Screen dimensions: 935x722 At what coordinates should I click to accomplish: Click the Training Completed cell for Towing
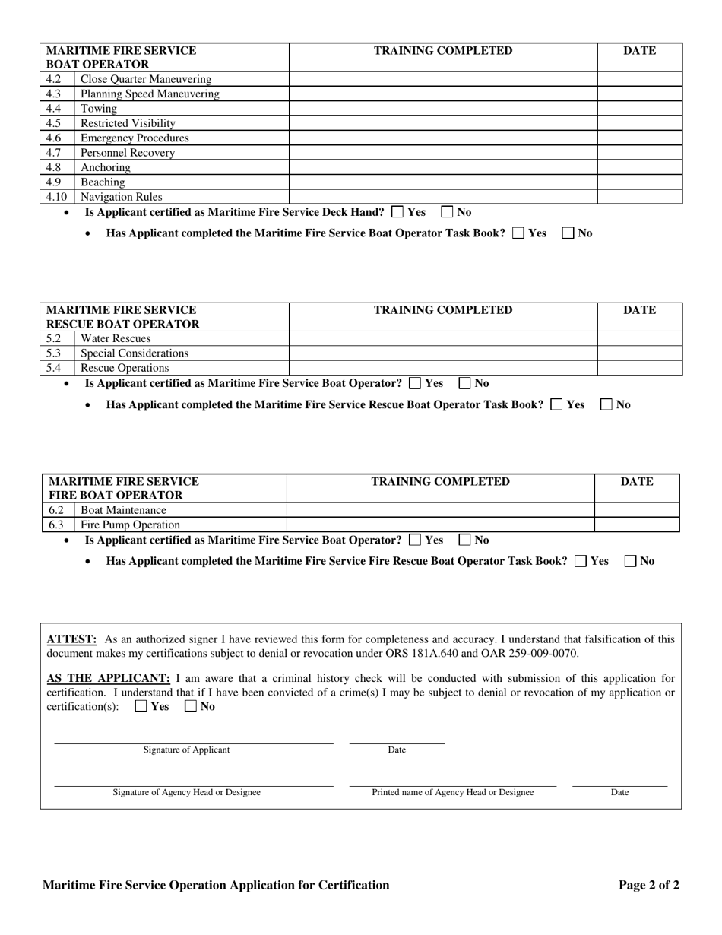442,109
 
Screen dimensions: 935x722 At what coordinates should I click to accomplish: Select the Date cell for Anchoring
639,167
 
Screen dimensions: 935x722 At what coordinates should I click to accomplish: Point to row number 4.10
56,197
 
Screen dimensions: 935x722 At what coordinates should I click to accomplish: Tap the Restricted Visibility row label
128,123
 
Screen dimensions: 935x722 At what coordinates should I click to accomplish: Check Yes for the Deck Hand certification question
397,213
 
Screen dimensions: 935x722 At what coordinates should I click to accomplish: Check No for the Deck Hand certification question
448,213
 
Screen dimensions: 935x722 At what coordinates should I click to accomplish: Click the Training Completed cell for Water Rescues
442,338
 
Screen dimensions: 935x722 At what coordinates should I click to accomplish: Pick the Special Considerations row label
135,353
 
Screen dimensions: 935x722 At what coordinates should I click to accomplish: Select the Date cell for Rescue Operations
639,368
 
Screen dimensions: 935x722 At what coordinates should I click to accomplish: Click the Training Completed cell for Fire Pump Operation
440,525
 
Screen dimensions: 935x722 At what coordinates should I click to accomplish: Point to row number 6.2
56,510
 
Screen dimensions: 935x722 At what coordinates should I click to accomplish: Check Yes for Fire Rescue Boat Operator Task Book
581,561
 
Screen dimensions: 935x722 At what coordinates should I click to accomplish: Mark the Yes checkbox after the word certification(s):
141,706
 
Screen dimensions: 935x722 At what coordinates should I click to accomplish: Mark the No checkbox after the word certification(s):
191,706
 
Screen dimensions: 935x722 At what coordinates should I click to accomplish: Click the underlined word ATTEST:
71,639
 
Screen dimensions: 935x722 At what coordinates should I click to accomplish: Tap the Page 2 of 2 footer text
648,885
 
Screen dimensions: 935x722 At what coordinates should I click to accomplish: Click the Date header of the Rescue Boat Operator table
639,310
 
